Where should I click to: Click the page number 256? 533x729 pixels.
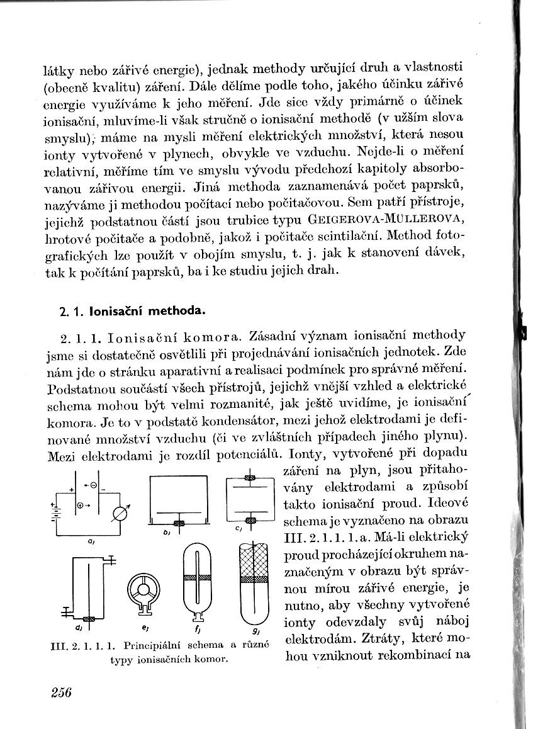(x=60, y=692)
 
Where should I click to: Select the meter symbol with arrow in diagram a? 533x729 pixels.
(x=120, y=512)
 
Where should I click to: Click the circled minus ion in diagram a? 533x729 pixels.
(x=93, y=486)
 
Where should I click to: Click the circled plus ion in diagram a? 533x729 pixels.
(x=81, y=506)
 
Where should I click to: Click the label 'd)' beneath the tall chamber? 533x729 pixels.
(x=78, y=628)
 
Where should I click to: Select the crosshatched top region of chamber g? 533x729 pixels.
(x=255, y=560)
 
